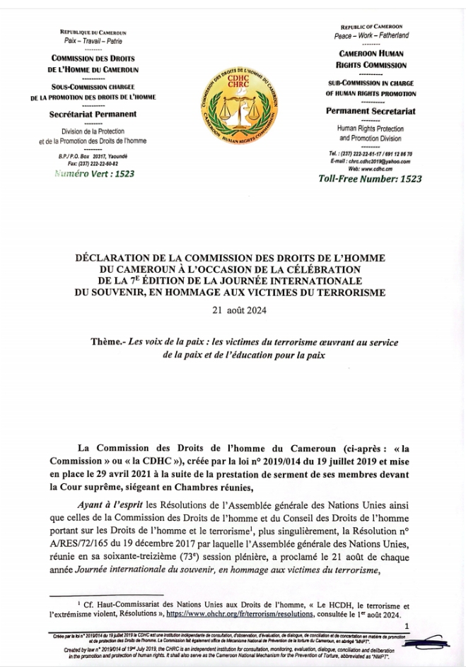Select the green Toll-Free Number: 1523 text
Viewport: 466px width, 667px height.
click(370, 179)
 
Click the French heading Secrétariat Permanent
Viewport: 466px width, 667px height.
click(93, 114)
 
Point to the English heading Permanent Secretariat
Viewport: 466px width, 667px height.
click(370, 111)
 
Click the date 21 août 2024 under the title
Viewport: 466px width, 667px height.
click(233, 309)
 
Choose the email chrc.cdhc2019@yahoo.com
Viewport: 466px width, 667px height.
click(380, 161)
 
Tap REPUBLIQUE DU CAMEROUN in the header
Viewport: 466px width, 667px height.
click(93, 33)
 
